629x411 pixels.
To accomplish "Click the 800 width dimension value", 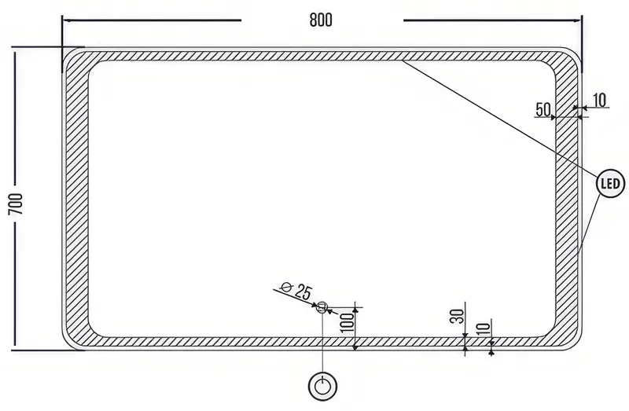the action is pyautogui.click(x=321, y=20).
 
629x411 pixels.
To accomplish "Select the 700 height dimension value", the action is pyautogui.click(x=16, y=204).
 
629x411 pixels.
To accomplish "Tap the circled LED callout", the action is pyautogui.click(x=611, y=184).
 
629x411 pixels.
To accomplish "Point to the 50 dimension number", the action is pyautogui.click(x=543, y=109).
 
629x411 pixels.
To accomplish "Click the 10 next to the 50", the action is pyautogui.click(x=599, y=101).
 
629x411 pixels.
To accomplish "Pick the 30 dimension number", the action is pyautogui.click(x=458, y=317).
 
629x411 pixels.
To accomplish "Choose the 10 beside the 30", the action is pyautogui.click(x=484, y=328).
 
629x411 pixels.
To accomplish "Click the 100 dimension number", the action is pyautogui.click(x=347, y=322).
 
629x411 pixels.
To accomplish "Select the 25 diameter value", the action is pyautogui.click(x=303, y=292).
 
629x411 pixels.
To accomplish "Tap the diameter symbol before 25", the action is pyautogui.click(x=285, y=287).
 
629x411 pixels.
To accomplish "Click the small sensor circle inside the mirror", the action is pyautogui.click(x=322, y=307).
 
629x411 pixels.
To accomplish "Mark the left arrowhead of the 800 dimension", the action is pyautogui.click(x=65, y=20).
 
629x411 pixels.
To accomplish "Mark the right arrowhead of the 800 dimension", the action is pyautogui.click(x=578, y=20).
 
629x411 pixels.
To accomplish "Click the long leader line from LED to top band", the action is pyautogui.click(x=500, y=118).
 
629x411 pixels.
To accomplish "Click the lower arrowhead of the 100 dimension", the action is pyautogui.click(x=355, y=347).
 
